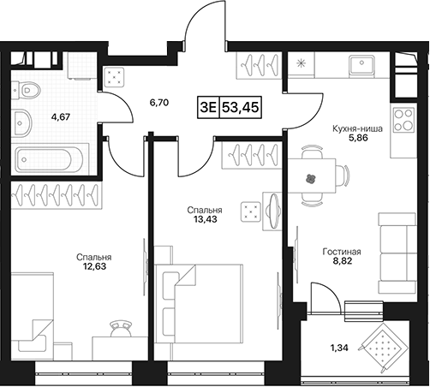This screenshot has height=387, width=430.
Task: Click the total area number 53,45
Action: [x=241, y=108]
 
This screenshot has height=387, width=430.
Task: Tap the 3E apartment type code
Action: [x=209, y=108]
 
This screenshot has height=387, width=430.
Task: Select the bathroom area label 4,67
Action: [x=61, y=116]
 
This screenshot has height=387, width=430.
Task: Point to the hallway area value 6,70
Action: [x=159, y=103]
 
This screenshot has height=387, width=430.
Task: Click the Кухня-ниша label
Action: [x=357, y=128]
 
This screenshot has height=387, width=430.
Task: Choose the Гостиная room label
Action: [x=342, y=252]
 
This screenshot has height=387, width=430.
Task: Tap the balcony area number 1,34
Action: [x=339, y=348]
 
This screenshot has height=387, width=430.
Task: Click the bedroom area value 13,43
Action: [x=205, y=219]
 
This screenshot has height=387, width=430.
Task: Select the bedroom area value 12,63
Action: [x=93, y=266]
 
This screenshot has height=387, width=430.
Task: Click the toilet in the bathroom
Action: [x=26, y=91]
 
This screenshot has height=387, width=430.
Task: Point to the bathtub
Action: [x=49, y=160]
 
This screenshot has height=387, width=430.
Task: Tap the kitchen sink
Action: [x=362, y=65]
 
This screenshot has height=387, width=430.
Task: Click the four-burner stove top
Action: [x=403, y=120]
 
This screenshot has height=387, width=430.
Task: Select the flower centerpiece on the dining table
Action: [x=311, y=179]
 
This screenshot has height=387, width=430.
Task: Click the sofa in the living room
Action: [x=397, y=253]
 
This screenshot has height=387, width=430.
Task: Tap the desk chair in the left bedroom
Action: [x=121, y=329]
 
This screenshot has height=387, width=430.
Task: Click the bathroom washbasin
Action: [x=21, y=122]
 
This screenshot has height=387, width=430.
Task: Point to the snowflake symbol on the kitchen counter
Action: [x=300, y=63]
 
